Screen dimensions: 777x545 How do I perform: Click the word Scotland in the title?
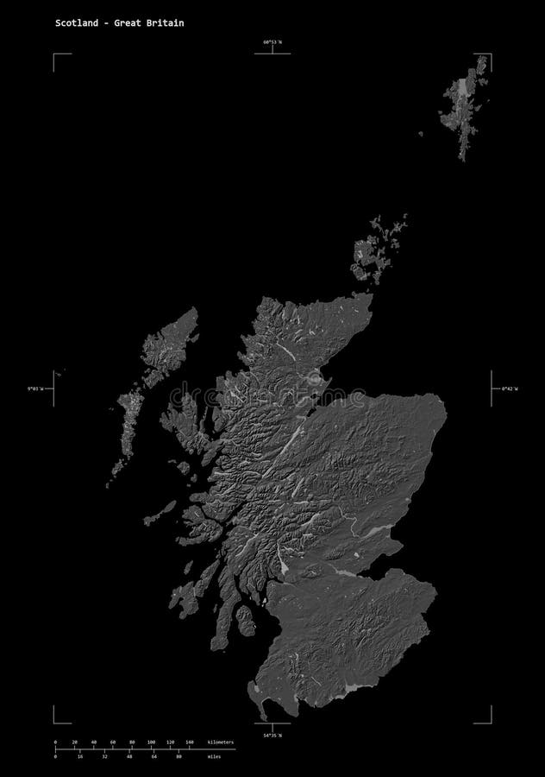coord(72,23)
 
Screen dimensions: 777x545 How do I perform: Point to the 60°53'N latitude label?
coord(272,41)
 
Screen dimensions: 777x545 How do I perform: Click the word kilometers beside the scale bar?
coord(220,742)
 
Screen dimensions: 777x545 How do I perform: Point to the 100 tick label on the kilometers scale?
coord(151,742)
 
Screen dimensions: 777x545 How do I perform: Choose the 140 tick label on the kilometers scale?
coord(189,742)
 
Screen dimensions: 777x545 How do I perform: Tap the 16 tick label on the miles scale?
coord(79,757)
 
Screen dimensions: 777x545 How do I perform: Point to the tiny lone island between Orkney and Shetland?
coord(421,134)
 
